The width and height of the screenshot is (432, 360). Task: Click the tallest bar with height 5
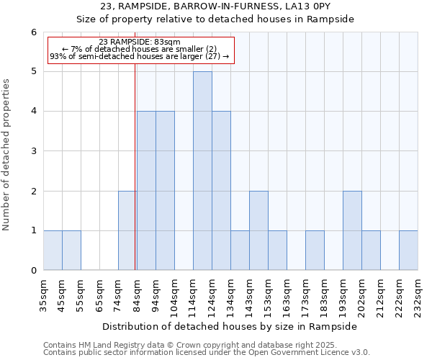click(202, 171)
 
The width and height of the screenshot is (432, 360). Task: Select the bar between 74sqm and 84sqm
click(127, 230)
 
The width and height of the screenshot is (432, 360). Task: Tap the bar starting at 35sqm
click(53, 251)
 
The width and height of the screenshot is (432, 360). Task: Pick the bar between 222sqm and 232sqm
click(408, 251)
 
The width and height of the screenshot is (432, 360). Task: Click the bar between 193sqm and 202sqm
click(352, 230)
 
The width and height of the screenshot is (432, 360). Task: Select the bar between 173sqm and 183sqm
click(315, 251)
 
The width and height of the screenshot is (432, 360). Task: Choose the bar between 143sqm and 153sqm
click(258, 230)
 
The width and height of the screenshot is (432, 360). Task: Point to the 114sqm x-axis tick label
click(194, 294)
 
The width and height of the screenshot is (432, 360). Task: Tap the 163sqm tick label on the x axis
click(287, 294)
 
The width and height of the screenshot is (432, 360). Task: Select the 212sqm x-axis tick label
click(381, 294)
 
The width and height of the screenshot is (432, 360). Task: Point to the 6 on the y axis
click(33, 32)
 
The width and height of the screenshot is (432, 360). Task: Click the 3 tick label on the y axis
click(33, 151)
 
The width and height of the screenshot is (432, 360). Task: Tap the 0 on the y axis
click(33, 271)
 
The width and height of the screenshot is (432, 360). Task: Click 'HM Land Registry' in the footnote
click(108, 346)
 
